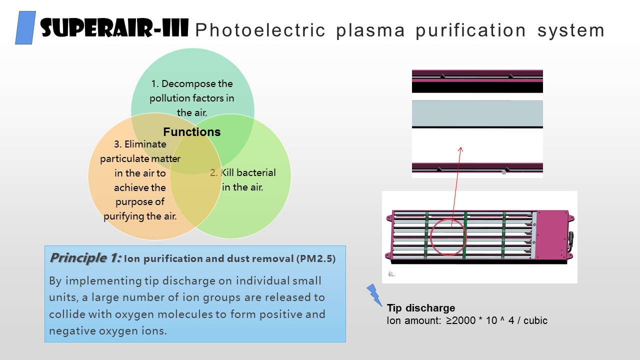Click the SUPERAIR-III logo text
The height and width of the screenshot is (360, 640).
tap(114, 27)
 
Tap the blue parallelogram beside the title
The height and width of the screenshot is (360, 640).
tap(25, 27)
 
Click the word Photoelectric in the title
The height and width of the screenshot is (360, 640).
tap(260, 30)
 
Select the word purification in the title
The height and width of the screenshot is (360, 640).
tap(470, 30)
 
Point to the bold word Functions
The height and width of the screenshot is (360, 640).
tap(192, 131)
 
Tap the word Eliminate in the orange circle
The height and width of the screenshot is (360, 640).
tap(145, 144)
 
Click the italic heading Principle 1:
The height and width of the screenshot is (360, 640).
tap(85, 258)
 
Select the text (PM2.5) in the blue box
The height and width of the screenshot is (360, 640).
tap(316, 258)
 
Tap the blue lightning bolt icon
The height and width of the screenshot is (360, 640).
tap(374, 295)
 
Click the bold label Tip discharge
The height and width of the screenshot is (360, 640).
tap(421, 308)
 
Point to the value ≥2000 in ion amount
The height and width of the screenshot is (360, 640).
tap(460, 320)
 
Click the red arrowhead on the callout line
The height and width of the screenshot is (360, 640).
tap(460, 149)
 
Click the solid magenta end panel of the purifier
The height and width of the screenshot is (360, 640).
tap(552, 234)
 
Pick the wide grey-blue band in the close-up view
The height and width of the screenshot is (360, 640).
tap(477, 113)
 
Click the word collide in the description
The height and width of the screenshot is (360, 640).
tap(67, 314)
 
